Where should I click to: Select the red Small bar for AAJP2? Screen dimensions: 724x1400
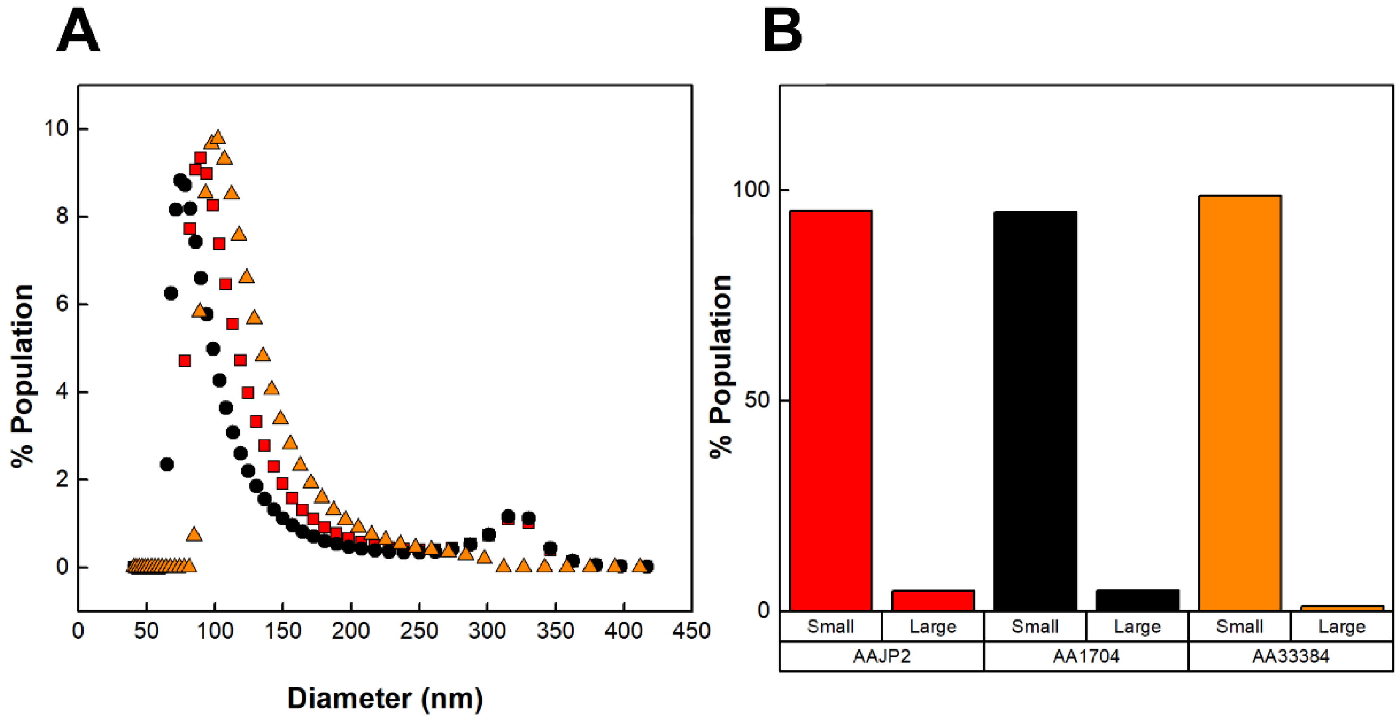click(830, 410)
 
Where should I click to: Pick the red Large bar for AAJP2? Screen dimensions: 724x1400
click(932, 600)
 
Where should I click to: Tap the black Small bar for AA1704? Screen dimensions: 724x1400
click(1035, 411)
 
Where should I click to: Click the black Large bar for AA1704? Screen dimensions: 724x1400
click(1137, 600)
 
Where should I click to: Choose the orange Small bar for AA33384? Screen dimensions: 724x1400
click(1240, 402)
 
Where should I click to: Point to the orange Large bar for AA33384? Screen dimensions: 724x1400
click(1342, 608)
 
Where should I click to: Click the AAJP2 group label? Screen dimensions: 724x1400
click(881, 656)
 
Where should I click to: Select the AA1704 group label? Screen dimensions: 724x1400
click(1086, 656)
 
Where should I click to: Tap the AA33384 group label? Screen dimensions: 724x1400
click(1290, 656)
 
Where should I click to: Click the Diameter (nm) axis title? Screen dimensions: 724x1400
click(385, 698)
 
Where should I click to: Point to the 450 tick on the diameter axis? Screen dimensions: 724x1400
click(691, 631)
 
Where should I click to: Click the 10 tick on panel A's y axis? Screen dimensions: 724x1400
click(56, 129)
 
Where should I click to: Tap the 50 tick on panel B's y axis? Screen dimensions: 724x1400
click(757, 400)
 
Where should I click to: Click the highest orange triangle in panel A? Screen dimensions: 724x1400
click(218, 137)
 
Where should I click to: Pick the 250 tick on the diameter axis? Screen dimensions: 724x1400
click(418, 631)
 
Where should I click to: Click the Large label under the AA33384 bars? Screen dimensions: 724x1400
click(1342, 627)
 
